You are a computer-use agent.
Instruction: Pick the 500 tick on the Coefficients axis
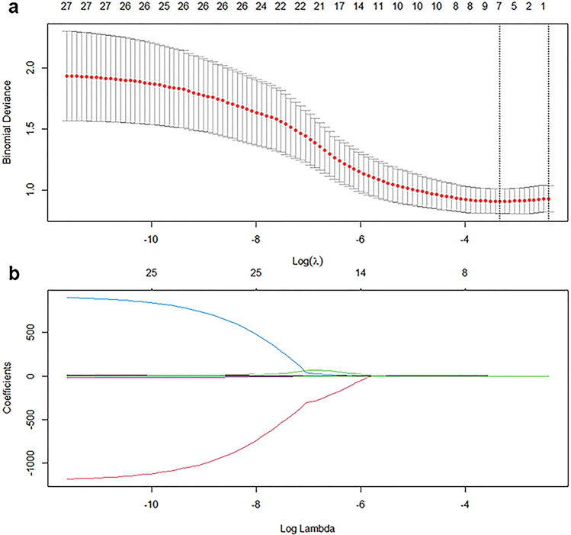pos(29,333)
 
